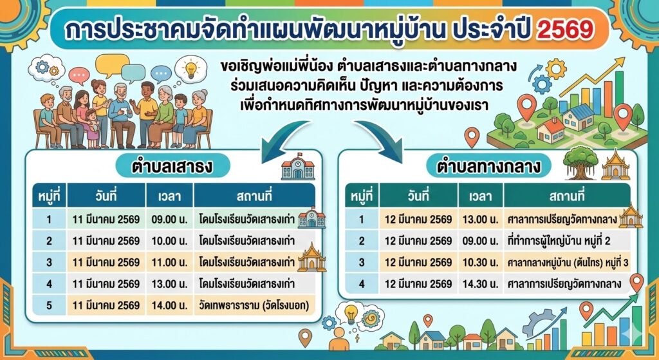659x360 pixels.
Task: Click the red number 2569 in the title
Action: pyautogui.click(x=565, y=30)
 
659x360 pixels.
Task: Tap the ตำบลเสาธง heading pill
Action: pyautogui.click(x=172, y=166)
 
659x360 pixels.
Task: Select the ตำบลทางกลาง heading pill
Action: pyautogui.click(x=488, y=166)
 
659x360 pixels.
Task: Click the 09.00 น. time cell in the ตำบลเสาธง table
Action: pyautogui.click(x=169, y=219)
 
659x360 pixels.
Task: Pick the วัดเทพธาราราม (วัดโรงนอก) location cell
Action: pyautogui.click(x=254, y=305)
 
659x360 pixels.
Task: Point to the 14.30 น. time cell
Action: pyautogui.click(x=480, y=284)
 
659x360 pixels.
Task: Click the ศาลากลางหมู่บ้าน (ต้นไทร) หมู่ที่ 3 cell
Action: pyautogui.click(x=567, y=262)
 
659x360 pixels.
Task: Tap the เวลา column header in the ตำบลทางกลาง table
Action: pyautogui.click(x=480, y=196)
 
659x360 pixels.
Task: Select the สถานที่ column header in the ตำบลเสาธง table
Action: pyautogui.click(x=254, y=196)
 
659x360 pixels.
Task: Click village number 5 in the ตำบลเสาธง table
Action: pyautogui.click(x=49, y=305)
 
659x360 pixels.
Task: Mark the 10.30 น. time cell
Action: pyautogui.click(x=480, y=262)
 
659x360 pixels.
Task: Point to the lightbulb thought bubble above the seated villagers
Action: pyautogui.click(x=190, y=68)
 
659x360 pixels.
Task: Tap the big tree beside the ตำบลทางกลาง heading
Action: pyautogui.click(x=580, y=162)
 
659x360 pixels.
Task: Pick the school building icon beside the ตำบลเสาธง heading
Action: pyautogui.click(x=297, y=167)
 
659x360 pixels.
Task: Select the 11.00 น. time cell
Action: pyautogui.click(x=169, y=262)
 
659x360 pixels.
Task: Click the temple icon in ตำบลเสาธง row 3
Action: pyautogui.click(x=311, y=258)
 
